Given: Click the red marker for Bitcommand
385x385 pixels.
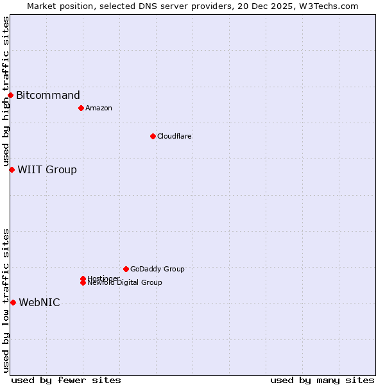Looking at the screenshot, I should point(10,96).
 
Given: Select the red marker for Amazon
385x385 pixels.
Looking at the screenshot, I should point(81,108).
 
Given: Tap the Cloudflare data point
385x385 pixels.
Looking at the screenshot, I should point(153,136).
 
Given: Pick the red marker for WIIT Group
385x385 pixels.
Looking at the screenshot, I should point(12,169).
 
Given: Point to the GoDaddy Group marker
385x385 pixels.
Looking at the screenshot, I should point(126,269).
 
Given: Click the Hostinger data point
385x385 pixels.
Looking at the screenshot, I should point(83,278).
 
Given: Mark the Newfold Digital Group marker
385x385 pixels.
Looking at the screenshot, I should point(83,283).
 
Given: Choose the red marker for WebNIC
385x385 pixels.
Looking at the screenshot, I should point(13,302).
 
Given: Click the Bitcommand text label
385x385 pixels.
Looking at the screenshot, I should point(48,96).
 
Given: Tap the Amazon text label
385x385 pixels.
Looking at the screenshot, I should point(99,108).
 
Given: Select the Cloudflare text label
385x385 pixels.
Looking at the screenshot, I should point(175,136).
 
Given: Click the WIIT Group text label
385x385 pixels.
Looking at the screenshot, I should point(47,169).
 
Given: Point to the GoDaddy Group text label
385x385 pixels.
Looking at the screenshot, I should point(157,269).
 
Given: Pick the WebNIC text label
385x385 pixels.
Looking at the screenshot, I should point(39,302).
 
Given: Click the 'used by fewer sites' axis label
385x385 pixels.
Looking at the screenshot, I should point(66,380).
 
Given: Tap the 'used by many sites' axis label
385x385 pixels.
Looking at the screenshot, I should point(322,380).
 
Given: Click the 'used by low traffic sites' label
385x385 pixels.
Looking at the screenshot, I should point(6,300).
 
